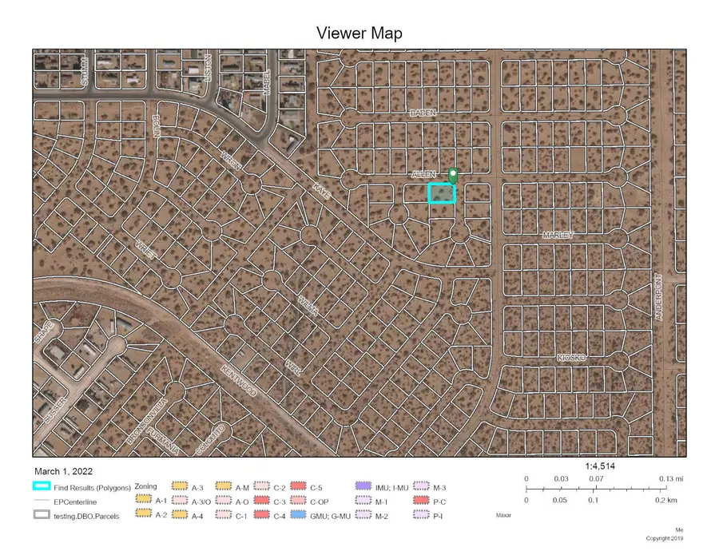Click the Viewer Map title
click(359, 34)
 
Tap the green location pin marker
click(454, 176)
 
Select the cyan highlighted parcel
click(442, 193)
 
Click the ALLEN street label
click(423, 174)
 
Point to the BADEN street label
click(423, 113)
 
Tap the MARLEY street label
click(558, 236)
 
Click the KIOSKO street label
click(572, 358)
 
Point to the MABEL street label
click(268, 81)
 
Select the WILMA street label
click(308, 306)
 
